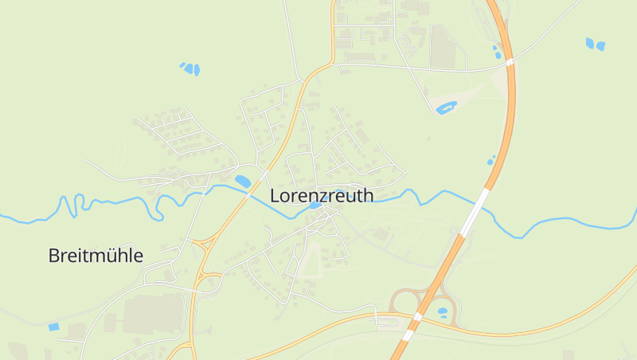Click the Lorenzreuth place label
pyautogui.click(x=322, y=195)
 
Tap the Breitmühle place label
pyautogui.click(x=96, y=256)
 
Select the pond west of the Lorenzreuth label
pyautogui.click(x=242, y=182)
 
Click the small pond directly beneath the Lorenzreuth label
pyautogui.click(x=315, y=205)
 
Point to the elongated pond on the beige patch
pyautogui.click(x=446, y=107)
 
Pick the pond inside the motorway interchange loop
pyautogui.click(x=442, y=311)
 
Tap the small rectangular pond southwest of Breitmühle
pyautogui.click(x=53, y=327)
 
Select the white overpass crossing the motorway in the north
pyautogui.click(x=509, y=60)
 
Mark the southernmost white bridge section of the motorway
pyautogui.click(x=408, y=335)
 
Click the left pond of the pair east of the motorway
pyautogui.click(x=590, y=42)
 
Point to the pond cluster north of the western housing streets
pyautogui.click(x=190, y=68)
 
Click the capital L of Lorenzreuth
pyautogui.click(x=276, y=195)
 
